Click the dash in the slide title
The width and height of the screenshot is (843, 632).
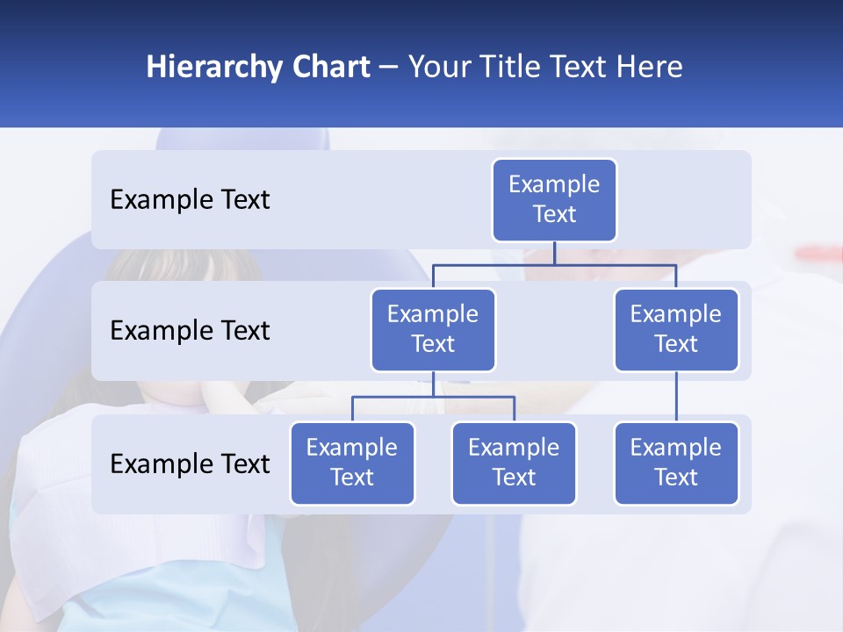point(389,68)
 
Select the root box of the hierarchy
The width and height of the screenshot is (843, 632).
point(554,199)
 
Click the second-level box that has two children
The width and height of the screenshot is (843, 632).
point(433,329)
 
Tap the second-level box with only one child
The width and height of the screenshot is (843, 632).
point(676,329)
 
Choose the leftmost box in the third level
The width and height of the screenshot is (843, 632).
point(352,463)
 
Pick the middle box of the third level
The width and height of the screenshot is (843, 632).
point(514,463)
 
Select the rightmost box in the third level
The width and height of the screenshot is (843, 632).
point(676,463)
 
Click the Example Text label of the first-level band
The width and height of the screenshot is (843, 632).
point(190,200)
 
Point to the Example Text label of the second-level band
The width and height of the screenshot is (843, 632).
point(190,331)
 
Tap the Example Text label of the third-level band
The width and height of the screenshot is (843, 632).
point(190,464)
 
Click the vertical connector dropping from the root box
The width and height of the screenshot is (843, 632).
point(554,253)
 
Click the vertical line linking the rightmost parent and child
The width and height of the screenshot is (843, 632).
point(676,397)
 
